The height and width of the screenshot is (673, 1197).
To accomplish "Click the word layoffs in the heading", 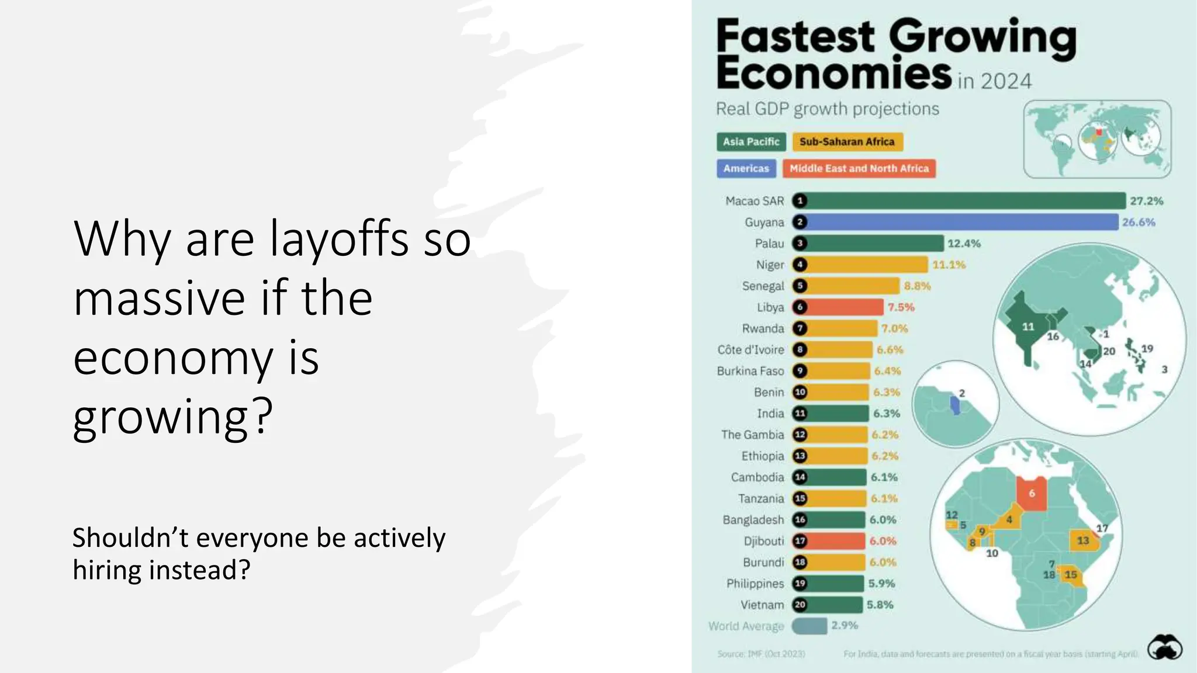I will click(x=339, y=240).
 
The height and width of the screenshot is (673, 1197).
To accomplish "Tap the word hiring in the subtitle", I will click(x=107, y=570).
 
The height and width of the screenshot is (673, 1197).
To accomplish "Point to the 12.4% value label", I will click(x=964, y=244).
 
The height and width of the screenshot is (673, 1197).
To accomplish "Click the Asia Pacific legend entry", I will click(x=751, y=142).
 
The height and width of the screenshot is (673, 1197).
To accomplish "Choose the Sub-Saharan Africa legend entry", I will click(x=847, y=142).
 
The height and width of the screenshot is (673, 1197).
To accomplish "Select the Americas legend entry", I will click(x=746, y=169).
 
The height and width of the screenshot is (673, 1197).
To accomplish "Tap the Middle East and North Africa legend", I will click(x=859, y=169).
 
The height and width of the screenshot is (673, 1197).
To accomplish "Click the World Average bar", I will click(x=809, y=626).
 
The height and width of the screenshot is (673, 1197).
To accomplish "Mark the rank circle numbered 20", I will click(x=800, y=605).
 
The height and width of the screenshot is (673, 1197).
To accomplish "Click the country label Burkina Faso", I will click(x=750, y=371).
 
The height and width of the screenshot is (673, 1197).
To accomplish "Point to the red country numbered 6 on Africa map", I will click(x=1032, y=494).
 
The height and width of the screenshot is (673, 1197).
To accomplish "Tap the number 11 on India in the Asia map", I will click(x=1028, y=327).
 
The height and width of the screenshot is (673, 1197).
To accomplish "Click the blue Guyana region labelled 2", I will click(x=955, y=405).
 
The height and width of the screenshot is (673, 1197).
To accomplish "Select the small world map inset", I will click(x=1097, y=139).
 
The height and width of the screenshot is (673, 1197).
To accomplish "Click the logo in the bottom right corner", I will click(x=1164, y=648).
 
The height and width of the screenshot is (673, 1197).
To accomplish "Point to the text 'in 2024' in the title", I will click(x=994, y=81).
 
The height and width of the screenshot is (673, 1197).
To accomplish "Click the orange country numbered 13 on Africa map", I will click(x=1082, y=540).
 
